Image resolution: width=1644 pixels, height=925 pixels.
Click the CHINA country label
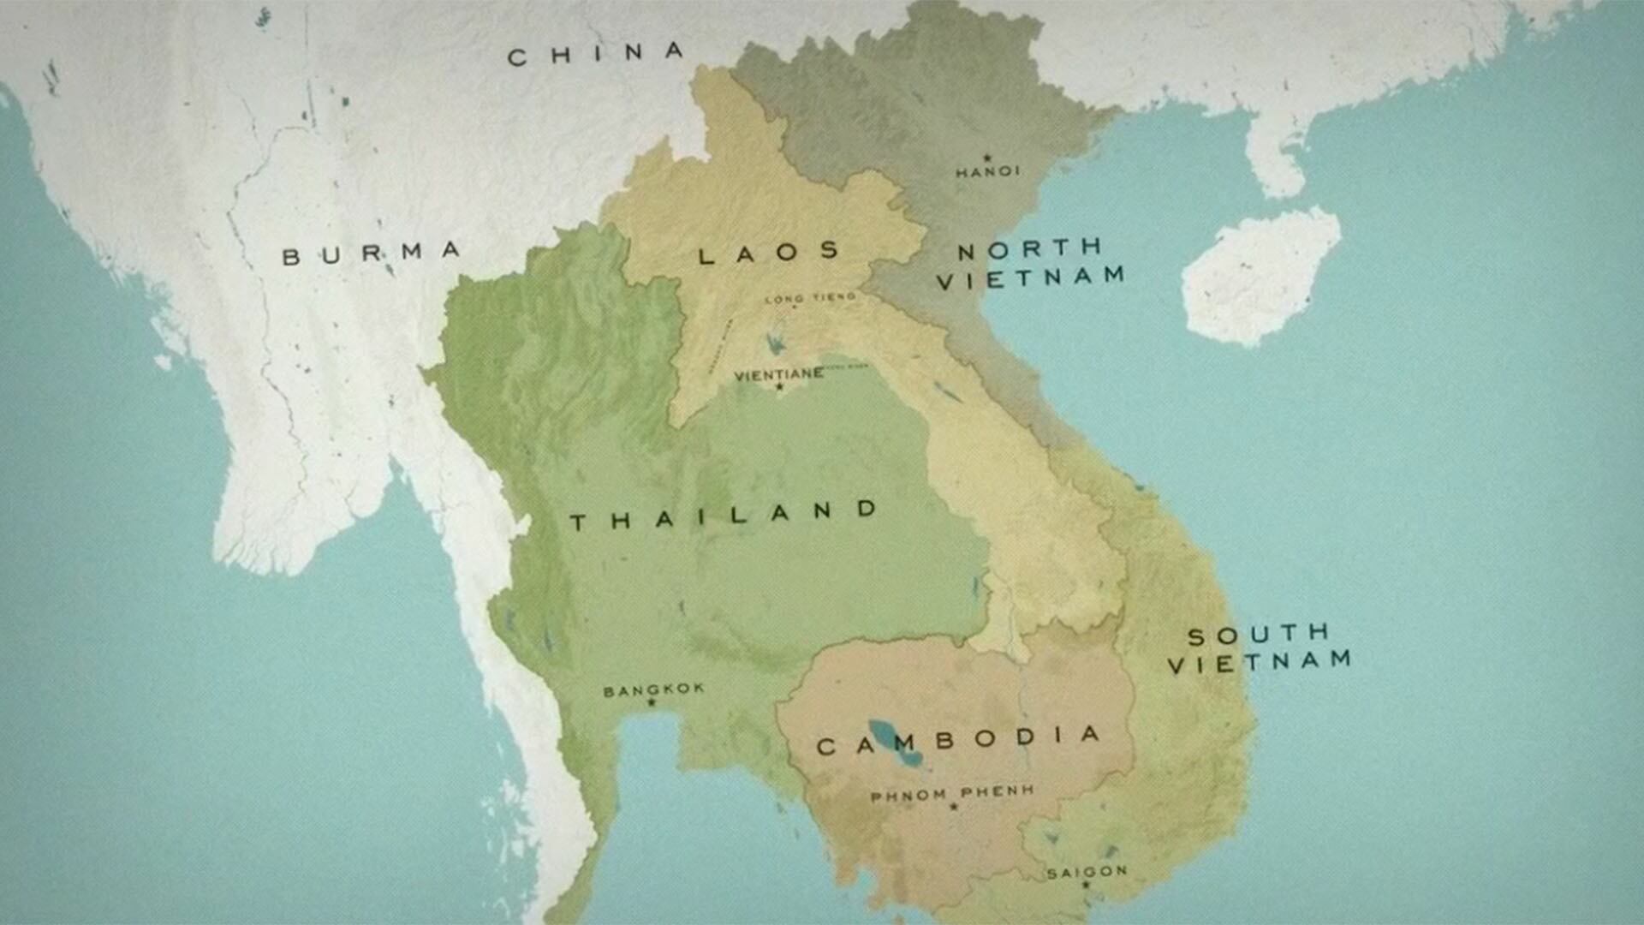pyautogui.click(x=596, y=54)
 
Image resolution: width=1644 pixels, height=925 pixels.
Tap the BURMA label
pyautogui.click(x=372, y=254)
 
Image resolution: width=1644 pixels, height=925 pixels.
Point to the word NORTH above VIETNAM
pyautogui.click(x=1029, y=249)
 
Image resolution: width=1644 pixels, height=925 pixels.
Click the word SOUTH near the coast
pyautogui.click(x=1258, y=635)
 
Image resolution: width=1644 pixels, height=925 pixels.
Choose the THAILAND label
pyautogui.click(x=724, y=516)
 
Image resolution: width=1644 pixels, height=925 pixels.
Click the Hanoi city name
pyautogui.click(x=988, y=172)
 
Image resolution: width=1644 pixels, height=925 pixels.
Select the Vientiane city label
pyautogui.click(x=779, y=374)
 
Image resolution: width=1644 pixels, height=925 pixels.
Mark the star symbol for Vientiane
pyautogui.click(x=779, y=387)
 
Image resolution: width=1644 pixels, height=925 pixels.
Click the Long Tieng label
pyautogui.click(x=809, y=298)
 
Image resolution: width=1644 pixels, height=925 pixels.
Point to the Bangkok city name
pyautogui.click(x=654, y=689)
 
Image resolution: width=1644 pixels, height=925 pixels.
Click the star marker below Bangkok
pyautogui.click(x=652, y=703)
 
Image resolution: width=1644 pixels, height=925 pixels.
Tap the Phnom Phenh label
pyautogui.click(x=952, y=793)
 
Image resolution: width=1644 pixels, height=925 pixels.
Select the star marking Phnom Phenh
pyautogui.click(x=953, y=806)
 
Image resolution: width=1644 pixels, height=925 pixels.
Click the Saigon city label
pyautogui.click(x=1087, y=872)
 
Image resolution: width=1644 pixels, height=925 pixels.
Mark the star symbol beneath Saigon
pyautogui.click(x=1086, y=885)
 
